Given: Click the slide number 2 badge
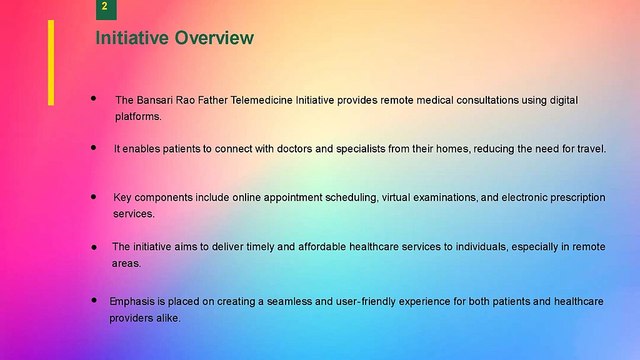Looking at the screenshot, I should coord(105,8).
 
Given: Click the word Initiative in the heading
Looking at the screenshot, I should coord(132,39).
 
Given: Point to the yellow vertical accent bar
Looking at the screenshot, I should coord(51,62).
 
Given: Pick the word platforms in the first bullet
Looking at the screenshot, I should coord(138,116).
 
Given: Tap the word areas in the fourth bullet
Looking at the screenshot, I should coord(125,263).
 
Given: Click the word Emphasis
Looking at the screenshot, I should coord(133,300).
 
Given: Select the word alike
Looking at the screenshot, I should coord(167,317).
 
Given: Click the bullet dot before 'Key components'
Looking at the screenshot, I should coord(93,197).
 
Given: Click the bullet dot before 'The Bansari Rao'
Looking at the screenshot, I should coord(93,99).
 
